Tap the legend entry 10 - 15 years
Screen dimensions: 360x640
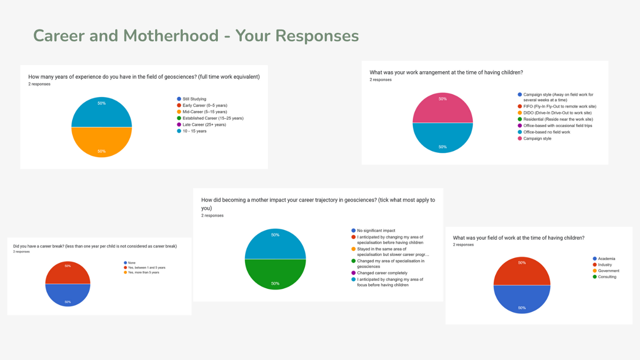194,131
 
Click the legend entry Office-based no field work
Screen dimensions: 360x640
547,132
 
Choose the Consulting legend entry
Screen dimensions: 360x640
607,277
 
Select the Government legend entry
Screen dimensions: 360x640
609,271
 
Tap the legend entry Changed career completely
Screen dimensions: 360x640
382,273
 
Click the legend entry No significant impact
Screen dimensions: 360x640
376,231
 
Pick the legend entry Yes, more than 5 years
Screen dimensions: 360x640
143,272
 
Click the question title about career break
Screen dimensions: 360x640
95,246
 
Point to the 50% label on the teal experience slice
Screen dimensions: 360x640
102,103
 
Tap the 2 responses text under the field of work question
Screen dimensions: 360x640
463,245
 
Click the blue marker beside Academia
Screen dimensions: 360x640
595,259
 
